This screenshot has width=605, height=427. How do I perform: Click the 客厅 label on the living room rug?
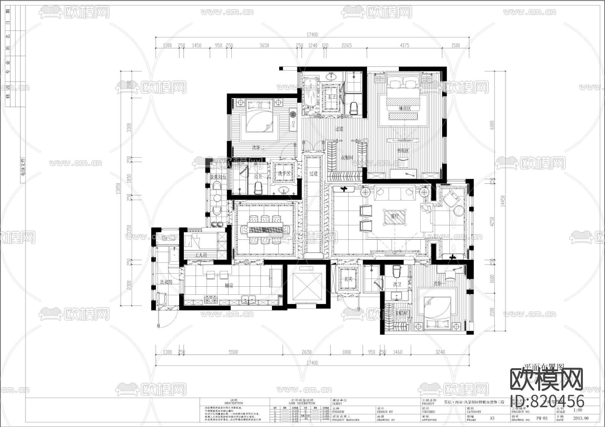tap(395, 217)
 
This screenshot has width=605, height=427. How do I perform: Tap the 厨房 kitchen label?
tap(229, 286)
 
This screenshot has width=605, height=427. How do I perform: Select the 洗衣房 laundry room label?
tap(166, 282)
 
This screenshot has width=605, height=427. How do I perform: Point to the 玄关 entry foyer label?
tap(348, 279)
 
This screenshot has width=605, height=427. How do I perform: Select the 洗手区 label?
tap(284, 174)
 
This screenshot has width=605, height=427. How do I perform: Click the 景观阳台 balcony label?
tap(218, 177)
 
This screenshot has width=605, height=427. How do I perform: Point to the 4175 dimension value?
tap(404, 45)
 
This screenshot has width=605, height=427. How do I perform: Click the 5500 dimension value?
tap(233, 352)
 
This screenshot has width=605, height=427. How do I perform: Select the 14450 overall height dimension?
tap(502, 201)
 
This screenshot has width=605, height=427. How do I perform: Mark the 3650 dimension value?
tap(264, 45)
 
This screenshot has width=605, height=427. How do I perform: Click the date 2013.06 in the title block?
tap(581, 418)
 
